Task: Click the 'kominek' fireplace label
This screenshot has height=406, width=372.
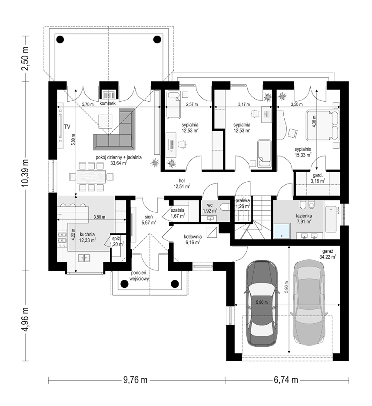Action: coord(108,103)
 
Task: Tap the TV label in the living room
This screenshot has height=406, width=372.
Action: coord(67,126)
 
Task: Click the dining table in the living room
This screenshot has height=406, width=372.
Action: coord(91,177)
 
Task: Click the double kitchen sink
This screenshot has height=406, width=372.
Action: coord(84,258)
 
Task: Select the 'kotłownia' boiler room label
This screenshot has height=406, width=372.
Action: coord(193,236)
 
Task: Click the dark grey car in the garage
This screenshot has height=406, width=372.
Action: coord(262,303)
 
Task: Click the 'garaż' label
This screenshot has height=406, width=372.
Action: coord(328,251)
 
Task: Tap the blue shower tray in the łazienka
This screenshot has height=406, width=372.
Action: coord(282,231)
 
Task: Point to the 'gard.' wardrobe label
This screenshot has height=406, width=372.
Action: coord(318,175)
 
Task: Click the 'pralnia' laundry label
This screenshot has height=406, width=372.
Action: coord(242,201)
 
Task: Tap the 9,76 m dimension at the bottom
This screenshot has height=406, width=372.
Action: coord(135,380)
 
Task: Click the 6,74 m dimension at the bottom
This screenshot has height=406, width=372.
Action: coord(286,380)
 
